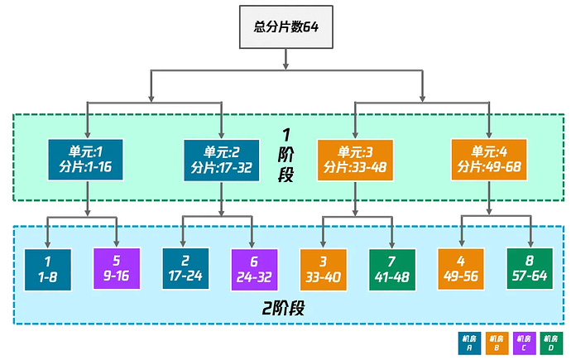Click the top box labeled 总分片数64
click(285, 27)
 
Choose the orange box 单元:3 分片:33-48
click(355, 159)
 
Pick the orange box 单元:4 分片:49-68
click(489, 159)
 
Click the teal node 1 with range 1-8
click(47, 269)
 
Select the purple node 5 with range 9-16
click(115, 269)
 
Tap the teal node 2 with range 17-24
click(184, 269)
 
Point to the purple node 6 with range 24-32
click(252, 269)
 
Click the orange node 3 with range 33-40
click(322, 269)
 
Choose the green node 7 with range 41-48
click(391, 269)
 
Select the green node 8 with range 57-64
click(529, 269)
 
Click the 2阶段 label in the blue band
click(285, 310)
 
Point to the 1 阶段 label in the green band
click(286, 155)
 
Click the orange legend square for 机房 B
click(497, 343)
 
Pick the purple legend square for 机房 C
click(524, 343)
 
